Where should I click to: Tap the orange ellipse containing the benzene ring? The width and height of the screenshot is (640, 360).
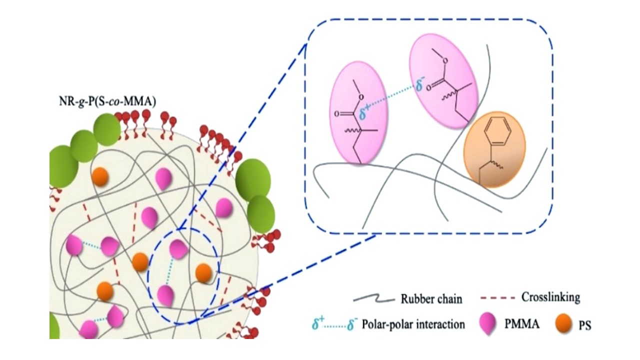tap(494, 149)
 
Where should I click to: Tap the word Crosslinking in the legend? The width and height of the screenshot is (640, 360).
tap(550, 297)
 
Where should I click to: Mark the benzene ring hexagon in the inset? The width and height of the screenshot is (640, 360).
tap(500, 133)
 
